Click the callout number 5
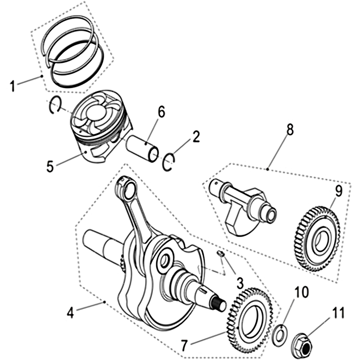tap(50, 166)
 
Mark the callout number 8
tap(289, 130)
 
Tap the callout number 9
tap(338, 191)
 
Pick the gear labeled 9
tap(318, 239)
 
